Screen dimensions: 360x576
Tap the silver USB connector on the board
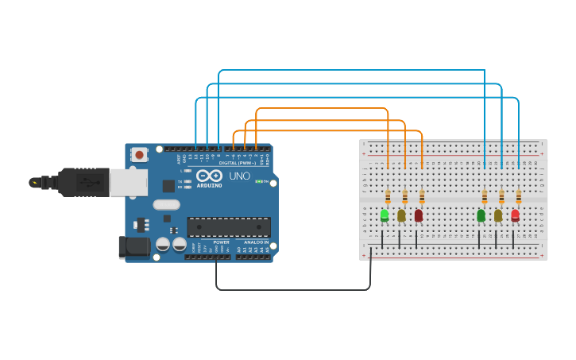pyautogui.click(x=127, y=183)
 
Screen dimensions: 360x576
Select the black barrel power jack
pyautogui.click(x=133, y=246)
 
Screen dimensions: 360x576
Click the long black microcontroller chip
pyautogui.click(x=229, y=226)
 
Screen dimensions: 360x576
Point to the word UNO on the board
pyautogui.click(x=239, y=176)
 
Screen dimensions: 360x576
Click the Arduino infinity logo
pyautogui.click(x=209, y=175)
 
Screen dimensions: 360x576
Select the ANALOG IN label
pyautogui.click(x=256, y=242)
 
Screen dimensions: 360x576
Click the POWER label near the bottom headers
pyautogui.click(x=221, y=242)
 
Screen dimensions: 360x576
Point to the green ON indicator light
pyautogui.click(x=259, y=181)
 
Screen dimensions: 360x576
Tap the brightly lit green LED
pyautogui.click(x=385, y=214)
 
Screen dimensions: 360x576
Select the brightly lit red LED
pyautogui.click(x=515, y=214)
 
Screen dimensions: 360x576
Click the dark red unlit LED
pyautogui.click(x=419, y=215)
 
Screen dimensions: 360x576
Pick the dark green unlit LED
pyautogui.click(x=481, y=215)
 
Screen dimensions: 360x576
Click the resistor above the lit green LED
pyautogui.click(x=388, y=196)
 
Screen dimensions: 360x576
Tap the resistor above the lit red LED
pyautogui.click(x=519, y=195)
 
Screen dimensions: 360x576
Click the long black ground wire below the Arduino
pyautogui.click(x=294, y=289)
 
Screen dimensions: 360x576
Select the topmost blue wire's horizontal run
pyautogui.click(x=350, y=70)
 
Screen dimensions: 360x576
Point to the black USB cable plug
pyautogui.click(x=87, y=183)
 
